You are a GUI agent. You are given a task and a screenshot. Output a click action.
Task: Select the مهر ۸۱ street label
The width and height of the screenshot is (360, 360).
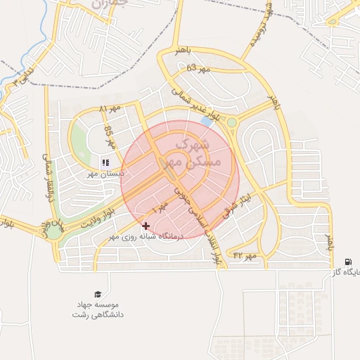point(110,110)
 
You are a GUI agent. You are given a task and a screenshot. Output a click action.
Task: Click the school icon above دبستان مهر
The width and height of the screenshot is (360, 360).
point(105,162)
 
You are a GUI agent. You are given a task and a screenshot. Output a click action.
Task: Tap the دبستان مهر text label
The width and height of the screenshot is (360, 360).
point(102,173)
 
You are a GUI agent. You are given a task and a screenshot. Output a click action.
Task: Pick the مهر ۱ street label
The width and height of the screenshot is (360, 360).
point(160,207)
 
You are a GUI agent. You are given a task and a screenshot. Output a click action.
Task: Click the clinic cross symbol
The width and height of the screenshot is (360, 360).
point(146,226)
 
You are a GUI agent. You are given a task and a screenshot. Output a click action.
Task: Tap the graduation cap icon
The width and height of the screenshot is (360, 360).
point(98,294)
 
